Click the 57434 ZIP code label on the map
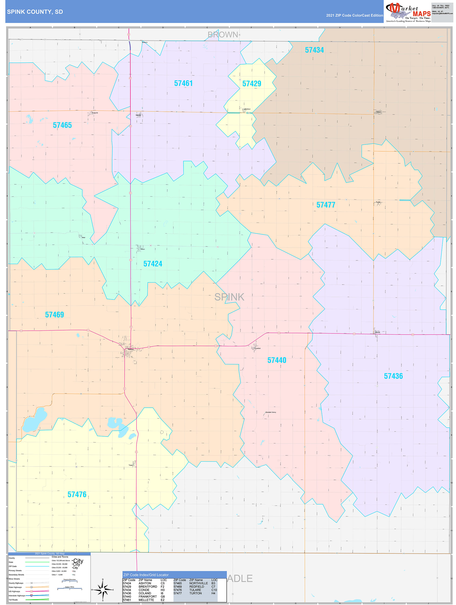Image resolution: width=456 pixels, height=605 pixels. click(314, 50)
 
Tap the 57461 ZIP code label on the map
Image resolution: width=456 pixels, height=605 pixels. click(183, 83)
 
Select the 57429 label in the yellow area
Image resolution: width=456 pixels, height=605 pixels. click(252, 84)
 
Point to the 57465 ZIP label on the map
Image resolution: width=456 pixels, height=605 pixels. click(62, 125)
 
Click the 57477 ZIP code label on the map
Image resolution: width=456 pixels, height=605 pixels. click(326, 205)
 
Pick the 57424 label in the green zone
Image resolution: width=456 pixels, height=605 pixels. click(153, 264)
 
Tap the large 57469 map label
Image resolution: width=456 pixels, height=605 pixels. click(54, 315)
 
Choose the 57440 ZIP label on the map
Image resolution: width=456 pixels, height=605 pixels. click(277, 360)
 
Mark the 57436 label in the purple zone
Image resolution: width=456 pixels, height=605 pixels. click(393, 376)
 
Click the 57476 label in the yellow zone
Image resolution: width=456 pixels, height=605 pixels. click(77, 494)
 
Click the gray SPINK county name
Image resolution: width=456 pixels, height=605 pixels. click(229, 297)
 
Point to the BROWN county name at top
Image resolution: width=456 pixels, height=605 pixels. click(223, 35)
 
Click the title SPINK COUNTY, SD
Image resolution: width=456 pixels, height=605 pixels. click(35, 12)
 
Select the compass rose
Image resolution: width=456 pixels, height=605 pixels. click(103, 590)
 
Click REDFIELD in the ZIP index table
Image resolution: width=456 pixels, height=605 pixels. click(196, 587)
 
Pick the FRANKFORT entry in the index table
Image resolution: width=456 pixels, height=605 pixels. click(148, 597)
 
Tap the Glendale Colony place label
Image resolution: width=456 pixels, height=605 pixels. click(271, 412)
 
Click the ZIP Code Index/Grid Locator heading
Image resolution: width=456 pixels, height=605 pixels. click(146, 575)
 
